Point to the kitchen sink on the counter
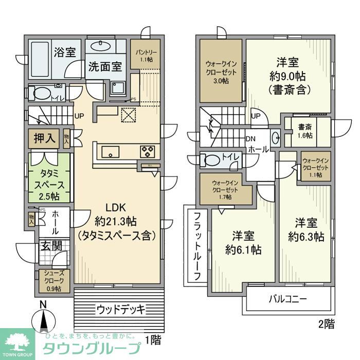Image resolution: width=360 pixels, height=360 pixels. pos(111,152)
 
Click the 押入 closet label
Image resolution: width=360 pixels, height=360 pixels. pos(46,137)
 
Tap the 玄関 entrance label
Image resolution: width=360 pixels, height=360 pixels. pos(49,245)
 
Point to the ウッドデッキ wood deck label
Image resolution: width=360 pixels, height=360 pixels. pos(120,309)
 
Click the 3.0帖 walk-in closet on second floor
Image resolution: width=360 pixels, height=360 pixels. pos(221,73)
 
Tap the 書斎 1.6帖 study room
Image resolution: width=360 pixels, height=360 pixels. pos(309,131)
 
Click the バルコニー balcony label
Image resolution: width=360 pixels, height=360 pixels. pos(288,299)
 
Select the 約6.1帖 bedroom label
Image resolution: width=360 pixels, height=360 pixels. pos(243,243)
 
